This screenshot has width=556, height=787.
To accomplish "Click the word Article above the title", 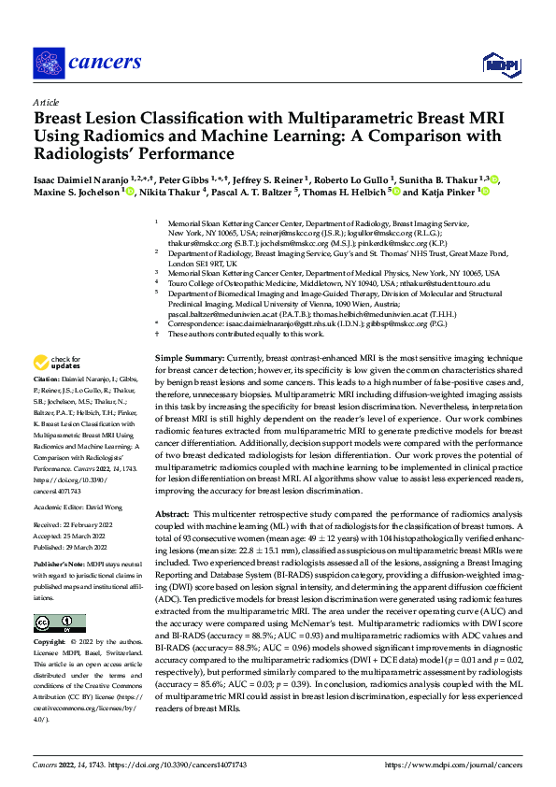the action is (46, 102).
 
